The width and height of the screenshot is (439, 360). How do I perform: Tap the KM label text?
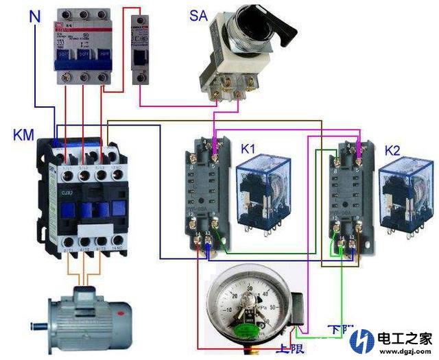(24, 134)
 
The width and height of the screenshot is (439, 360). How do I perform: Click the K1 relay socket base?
(206, 195)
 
